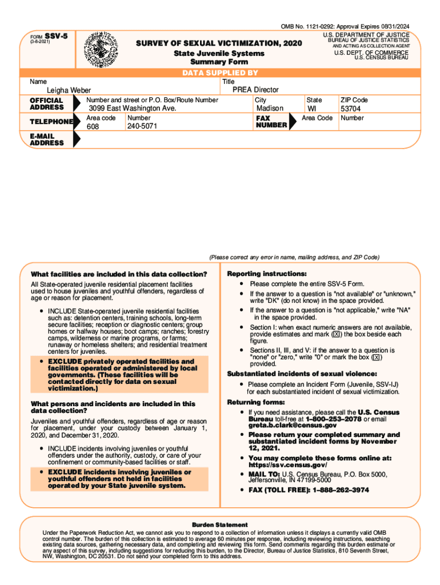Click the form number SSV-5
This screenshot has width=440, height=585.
point(55,35)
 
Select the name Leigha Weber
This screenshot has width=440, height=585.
point(69,90)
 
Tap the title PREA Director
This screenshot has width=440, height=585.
point(255,90)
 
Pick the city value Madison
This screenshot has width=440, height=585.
point(270,109)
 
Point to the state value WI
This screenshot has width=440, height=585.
point(312,109)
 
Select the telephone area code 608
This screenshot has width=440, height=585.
point(93,127)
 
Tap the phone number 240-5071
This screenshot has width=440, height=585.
point(142,127)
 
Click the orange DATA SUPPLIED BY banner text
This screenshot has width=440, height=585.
point(220,73)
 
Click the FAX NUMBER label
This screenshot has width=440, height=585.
point(271,121)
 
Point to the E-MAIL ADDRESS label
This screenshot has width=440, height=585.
point(47,139)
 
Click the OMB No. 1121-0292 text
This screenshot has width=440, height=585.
point(307,27)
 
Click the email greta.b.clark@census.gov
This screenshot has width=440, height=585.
point(285,425)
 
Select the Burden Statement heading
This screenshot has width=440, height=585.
point(220,524)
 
